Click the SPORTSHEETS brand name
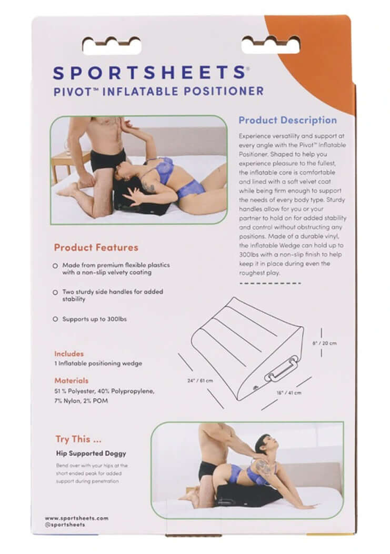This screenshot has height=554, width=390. tap(148, 72)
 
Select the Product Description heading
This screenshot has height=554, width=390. tap(287, 120)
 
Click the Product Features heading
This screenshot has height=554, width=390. tap(96, 247)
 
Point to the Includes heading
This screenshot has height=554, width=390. tap(68, 354)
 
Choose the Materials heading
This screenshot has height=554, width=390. tap(71, 380)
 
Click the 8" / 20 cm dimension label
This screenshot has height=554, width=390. tap(324, 343)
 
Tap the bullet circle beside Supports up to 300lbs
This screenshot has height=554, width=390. tap(55, 319)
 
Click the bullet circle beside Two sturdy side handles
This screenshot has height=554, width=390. tap(55, 292)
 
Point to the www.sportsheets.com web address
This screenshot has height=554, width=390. tap(76, 518)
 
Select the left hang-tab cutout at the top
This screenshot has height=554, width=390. tap(112, 45)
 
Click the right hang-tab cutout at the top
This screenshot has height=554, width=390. tap(271, 45)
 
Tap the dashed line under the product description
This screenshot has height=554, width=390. tap(270, 283)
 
